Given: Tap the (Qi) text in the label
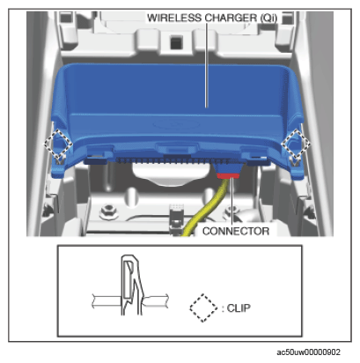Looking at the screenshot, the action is (268, 19).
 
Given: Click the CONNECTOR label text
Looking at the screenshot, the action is (236, 231).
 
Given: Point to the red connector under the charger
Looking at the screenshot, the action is (228, 175).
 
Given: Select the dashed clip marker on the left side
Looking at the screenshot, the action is (58, 144).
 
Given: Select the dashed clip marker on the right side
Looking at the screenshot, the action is (296, 144).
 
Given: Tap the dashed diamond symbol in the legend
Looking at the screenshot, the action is (203, 308).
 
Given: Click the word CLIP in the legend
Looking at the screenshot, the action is (239, 308).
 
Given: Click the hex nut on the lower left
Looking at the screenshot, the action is (109, 211).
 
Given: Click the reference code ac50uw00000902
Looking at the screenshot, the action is (308, 352).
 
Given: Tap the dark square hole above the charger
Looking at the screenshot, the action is (176, 42).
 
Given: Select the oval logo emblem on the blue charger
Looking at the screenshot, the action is (175, 124).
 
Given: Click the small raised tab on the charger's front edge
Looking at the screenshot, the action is (176, 147).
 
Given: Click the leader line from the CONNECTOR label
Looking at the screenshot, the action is (232, 202).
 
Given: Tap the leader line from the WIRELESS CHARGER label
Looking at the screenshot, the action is (207, 65).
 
